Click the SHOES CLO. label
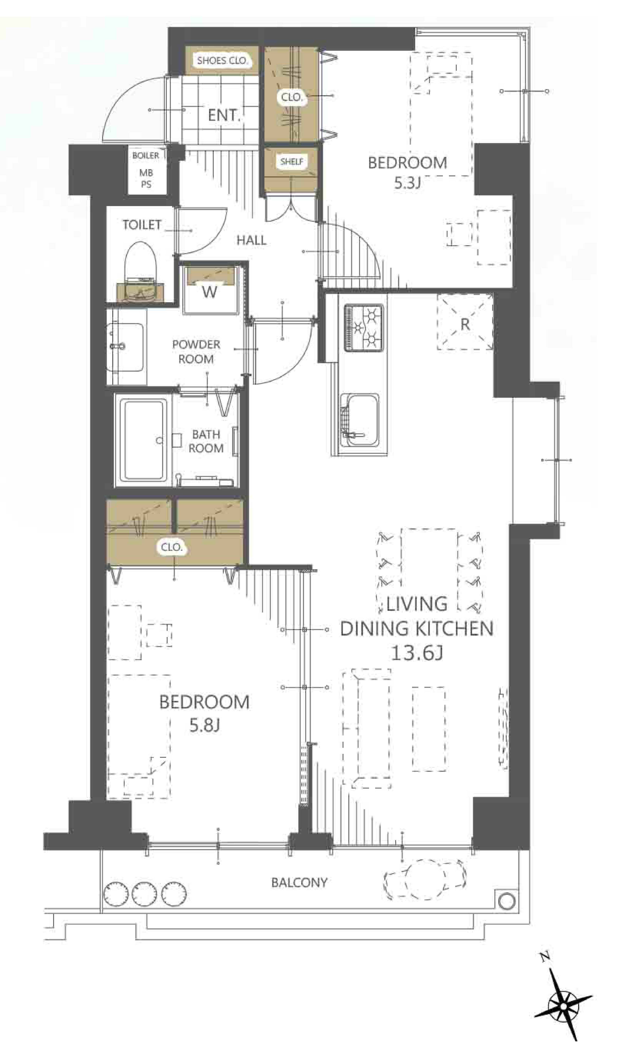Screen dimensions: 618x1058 [222, 60]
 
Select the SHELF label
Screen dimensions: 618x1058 [292, 161]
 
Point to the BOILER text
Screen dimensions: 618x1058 [146, 155]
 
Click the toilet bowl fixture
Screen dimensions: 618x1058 [140, 271]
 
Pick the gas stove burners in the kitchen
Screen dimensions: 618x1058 [363, 328]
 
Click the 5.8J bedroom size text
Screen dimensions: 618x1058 [205, 725]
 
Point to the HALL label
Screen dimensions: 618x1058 [251, 240]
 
